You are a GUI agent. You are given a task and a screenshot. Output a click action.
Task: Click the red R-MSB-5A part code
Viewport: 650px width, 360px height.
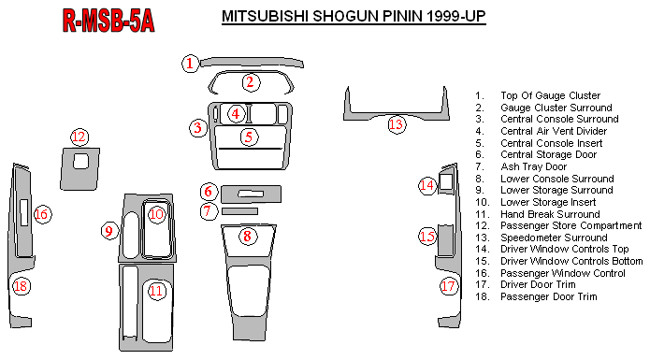[x=108, y=21]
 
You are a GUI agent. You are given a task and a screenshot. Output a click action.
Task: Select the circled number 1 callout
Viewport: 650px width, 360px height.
[x=190, y=64]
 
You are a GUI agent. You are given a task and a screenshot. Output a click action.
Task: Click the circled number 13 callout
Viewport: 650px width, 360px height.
[x=397, y=124]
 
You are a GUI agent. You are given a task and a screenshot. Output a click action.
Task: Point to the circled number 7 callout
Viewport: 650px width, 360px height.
[x=209, y=211]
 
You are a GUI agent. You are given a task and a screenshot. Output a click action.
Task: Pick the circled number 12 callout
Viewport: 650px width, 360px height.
[x=79, y=137]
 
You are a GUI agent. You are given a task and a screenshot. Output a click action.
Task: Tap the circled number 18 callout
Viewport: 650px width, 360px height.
[x=21, y=286]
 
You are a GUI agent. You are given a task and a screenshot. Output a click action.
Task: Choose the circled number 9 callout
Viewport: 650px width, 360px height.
[x=109, y=231]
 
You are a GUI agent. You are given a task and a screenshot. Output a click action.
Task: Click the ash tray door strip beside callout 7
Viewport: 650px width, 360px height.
[x=239, y=211]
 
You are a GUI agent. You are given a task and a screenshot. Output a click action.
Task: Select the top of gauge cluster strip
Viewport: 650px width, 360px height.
[x=252, y=62]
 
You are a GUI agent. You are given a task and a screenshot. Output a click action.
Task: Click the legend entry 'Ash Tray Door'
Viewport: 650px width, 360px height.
[x=533, y=166]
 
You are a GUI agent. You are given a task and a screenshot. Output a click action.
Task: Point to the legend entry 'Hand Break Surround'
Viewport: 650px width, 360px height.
[x=550, y=214]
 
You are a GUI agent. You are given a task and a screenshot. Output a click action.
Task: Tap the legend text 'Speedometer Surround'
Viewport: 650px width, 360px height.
[x=554, y=238]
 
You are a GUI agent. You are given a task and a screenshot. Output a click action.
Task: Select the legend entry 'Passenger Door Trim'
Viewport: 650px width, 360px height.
[x=548, y=296]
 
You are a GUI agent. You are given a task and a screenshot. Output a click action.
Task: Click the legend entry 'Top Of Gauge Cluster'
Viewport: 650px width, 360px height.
[x=550, y=95]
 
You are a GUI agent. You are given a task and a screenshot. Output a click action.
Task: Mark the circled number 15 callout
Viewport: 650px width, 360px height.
[x=427, y=237]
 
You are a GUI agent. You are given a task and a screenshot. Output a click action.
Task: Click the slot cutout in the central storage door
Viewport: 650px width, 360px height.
[x=251, y=194]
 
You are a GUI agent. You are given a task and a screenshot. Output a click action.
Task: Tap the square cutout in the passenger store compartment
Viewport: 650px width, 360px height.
[x=80, y=162]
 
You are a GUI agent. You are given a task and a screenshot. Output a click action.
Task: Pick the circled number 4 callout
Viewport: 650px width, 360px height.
[x=236, y=113]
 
